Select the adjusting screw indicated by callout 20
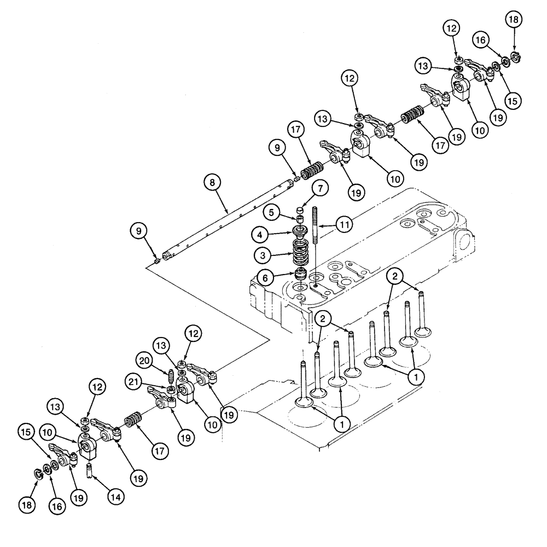170,376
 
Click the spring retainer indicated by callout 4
299,232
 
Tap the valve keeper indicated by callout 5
299,219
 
